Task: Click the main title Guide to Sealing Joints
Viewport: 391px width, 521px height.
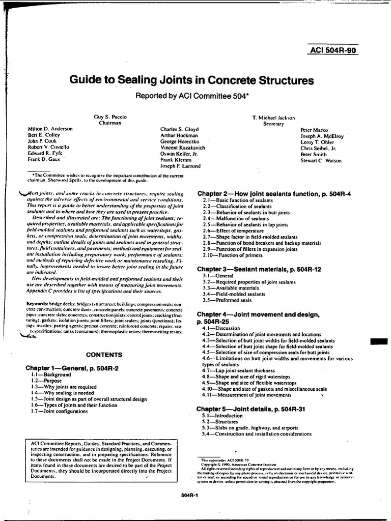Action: coord(191,80)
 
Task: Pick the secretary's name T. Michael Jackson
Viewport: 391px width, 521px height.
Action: coord(273,117)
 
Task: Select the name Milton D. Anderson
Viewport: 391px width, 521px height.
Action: coord(50,129)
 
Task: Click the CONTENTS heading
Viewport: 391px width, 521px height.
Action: coord(104,355)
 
